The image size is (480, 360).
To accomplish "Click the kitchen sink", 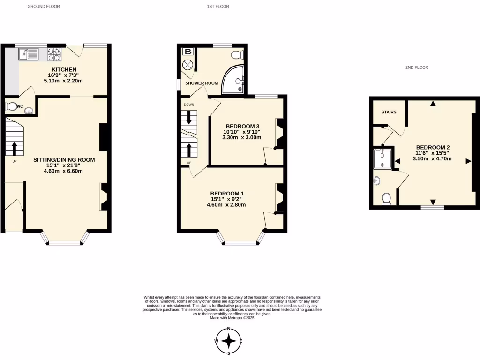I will tap(29, 55).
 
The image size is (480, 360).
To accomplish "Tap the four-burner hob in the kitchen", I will tap(54, 55).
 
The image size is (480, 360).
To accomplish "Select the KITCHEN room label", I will tap(64, 69).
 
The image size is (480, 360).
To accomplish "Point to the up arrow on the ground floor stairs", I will tap(14, 148).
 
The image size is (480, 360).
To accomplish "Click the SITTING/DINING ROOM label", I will tap(64, 160).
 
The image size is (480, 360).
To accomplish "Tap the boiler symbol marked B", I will tap(188, 52).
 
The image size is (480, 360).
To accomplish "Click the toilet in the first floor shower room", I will tap(238, 54).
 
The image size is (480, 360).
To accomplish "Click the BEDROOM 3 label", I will tap(242, 126).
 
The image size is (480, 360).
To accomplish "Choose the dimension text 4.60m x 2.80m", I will tap(226, 204).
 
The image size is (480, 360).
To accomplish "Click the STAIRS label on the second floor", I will tap(389, 112).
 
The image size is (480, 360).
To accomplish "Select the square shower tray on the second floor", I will tap(383, 159).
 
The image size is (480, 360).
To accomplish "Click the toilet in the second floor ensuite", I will tap(387, 199).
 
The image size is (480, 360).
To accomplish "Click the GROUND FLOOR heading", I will tap(44, 7).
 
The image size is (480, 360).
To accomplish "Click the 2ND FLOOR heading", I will tap(417, 67).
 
